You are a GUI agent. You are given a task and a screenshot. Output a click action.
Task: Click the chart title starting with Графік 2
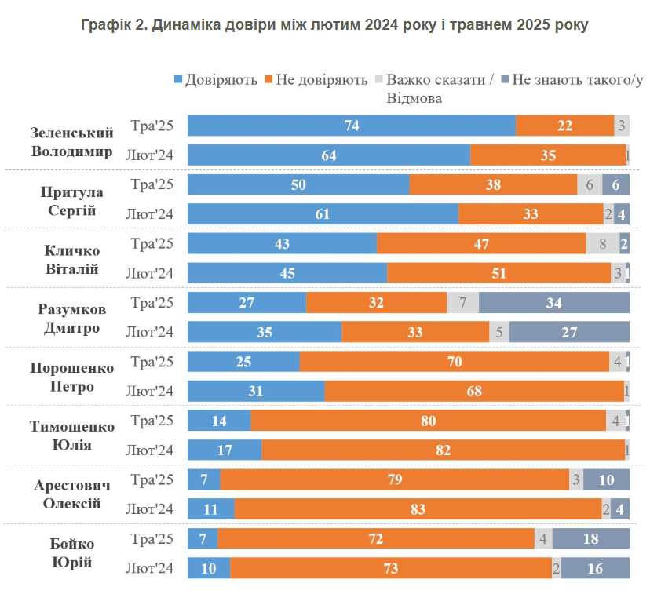[334, 24]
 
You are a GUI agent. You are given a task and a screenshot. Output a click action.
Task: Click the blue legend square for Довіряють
[178, 80]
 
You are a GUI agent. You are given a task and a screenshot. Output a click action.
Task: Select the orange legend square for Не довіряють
[268, 80]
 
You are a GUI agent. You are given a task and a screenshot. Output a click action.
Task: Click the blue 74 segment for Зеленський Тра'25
[352, 126]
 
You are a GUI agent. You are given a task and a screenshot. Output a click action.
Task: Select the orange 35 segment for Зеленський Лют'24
[548, 155]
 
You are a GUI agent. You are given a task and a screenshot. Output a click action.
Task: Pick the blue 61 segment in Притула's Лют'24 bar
[323, 214]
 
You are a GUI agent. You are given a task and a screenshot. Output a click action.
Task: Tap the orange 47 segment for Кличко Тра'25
[481, 244]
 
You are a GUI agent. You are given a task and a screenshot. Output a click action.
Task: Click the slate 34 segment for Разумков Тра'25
[554, 303]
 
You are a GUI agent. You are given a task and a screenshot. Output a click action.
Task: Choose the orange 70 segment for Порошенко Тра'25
[455, 362]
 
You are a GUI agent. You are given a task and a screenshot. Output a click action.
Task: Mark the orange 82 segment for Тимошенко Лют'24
[443, 450]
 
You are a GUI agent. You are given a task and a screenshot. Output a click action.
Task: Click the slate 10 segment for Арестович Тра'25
[606, 479]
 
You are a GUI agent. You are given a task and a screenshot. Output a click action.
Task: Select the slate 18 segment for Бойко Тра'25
[591, 539]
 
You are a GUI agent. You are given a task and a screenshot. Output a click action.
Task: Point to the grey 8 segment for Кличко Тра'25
[602, 244]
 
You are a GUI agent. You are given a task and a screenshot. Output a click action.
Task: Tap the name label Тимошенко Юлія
[72, 436]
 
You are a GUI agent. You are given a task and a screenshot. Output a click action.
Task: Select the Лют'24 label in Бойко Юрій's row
[150, 568]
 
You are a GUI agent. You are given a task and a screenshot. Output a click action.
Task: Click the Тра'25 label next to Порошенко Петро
[152, 362]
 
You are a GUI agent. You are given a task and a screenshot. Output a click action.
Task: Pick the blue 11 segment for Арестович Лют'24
[211, 509]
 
